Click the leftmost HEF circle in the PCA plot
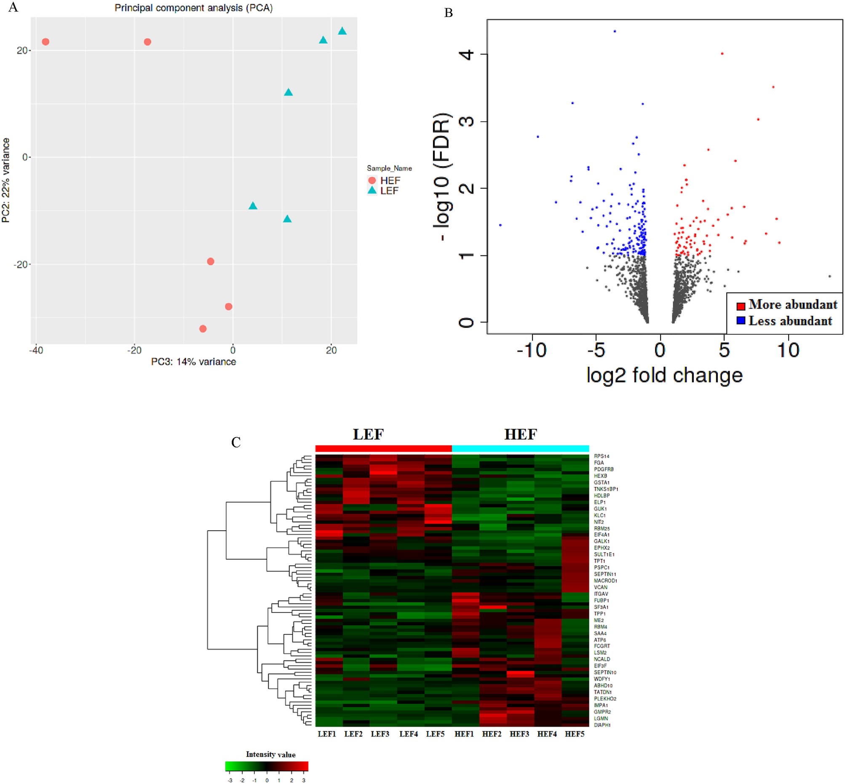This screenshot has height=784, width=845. [x=45, y=42]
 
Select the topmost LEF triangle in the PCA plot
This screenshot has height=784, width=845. [x=342, y=31]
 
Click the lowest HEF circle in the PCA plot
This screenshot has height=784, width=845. [x=203, y=329]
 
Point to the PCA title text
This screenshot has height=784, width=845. [x=193, y=8]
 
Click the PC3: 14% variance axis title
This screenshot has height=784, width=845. [x=193, y=362]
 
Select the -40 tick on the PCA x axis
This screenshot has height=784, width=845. [x=36, y=350]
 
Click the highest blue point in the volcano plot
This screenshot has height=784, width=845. [x=614, y=31]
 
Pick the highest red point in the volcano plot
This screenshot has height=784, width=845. [x=722, y=54]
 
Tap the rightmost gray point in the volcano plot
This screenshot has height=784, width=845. [x=829, y=277]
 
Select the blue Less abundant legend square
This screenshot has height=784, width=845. [x=741, y=320]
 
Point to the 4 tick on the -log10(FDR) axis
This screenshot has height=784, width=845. [x=467, y=54]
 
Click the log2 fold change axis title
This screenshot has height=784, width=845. [x=664, y=376]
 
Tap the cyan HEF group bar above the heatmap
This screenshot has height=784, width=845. [x=520, y=449]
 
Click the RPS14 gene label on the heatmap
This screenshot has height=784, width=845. [x=601, y=456]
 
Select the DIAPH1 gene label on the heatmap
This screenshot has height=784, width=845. [x=602, y=725]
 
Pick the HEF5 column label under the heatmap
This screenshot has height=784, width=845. [x=575, y=734]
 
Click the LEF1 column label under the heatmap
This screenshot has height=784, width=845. [x=326, y=734]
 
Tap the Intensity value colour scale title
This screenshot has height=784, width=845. [x=270, y=755]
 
